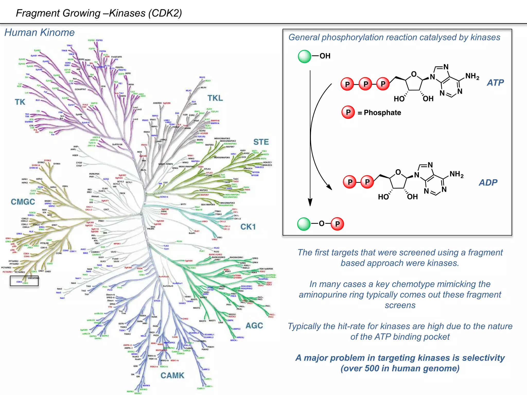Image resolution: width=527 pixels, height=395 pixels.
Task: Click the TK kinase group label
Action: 20,102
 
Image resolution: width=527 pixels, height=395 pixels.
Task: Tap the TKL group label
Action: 215,98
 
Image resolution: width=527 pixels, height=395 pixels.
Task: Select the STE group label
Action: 261,142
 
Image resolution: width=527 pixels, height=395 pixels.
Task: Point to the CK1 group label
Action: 248,227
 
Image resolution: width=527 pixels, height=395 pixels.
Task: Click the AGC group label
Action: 254,326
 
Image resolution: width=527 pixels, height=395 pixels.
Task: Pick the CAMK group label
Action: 172,375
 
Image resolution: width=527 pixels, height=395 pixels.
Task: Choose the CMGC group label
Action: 23,202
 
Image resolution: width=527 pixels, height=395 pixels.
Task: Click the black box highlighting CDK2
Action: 24,281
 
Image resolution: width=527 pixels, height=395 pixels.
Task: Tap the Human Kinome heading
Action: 39,33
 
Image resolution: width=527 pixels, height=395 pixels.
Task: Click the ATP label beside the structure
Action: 495,83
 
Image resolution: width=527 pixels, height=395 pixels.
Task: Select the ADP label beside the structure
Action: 488,183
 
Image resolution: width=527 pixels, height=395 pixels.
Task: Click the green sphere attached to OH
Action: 304,57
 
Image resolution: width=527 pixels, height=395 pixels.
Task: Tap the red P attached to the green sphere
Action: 337,224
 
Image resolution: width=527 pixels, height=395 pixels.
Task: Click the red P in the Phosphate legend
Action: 348,112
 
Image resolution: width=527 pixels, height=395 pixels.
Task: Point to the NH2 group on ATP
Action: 472,76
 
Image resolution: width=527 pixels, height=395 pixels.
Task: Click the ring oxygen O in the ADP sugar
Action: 398,172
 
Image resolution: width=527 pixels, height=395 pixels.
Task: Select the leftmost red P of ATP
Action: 347,84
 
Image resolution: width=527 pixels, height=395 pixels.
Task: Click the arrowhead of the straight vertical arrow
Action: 310,203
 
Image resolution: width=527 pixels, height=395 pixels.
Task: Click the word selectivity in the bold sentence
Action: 479,358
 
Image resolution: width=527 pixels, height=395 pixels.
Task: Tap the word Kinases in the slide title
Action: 127,13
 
